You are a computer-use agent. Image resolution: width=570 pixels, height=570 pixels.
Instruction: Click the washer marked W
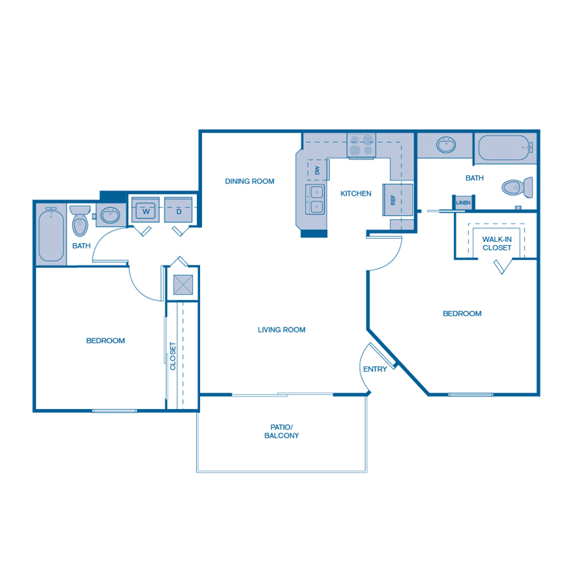pos(146,210)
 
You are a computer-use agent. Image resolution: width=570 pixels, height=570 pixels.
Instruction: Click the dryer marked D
pos(179,210)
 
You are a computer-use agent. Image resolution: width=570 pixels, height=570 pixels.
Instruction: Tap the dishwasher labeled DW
pos(317,170)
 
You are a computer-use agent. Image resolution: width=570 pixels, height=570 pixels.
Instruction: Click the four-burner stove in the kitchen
pos(362,145)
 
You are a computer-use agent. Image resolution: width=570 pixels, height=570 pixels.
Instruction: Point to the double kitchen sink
pos(315,199)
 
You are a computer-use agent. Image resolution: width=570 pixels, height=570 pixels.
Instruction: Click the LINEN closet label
pos(462,203)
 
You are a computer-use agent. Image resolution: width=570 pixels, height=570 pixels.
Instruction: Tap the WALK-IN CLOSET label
pos(497,243)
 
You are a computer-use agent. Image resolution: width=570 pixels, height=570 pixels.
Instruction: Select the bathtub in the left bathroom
pos(51,234)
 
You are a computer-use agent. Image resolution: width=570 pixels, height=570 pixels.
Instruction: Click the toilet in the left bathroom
pos(80,220)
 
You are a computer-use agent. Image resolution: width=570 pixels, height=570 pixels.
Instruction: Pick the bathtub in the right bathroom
pos(503,148)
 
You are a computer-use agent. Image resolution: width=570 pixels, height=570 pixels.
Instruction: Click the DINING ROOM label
pos(250,181)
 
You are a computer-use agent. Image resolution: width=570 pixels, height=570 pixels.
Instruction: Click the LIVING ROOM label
pos(281,329)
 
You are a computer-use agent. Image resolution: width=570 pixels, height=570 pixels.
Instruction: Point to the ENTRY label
pos(375,369)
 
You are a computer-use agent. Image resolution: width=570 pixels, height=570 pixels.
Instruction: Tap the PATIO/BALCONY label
pos(281,431)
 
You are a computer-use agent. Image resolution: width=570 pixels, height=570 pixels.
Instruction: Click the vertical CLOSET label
pos(173,357)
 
